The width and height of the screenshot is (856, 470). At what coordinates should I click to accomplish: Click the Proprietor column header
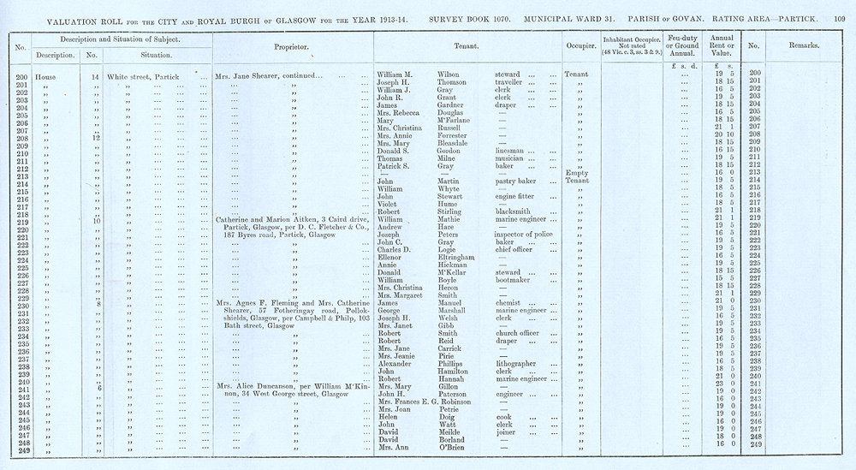click(x=290, y=47)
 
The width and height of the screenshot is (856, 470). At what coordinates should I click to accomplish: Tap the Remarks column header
click(x=800, y=46)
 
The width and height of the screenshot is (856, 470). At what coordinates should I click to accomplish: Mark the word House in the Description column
click(x=47, y=77)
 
